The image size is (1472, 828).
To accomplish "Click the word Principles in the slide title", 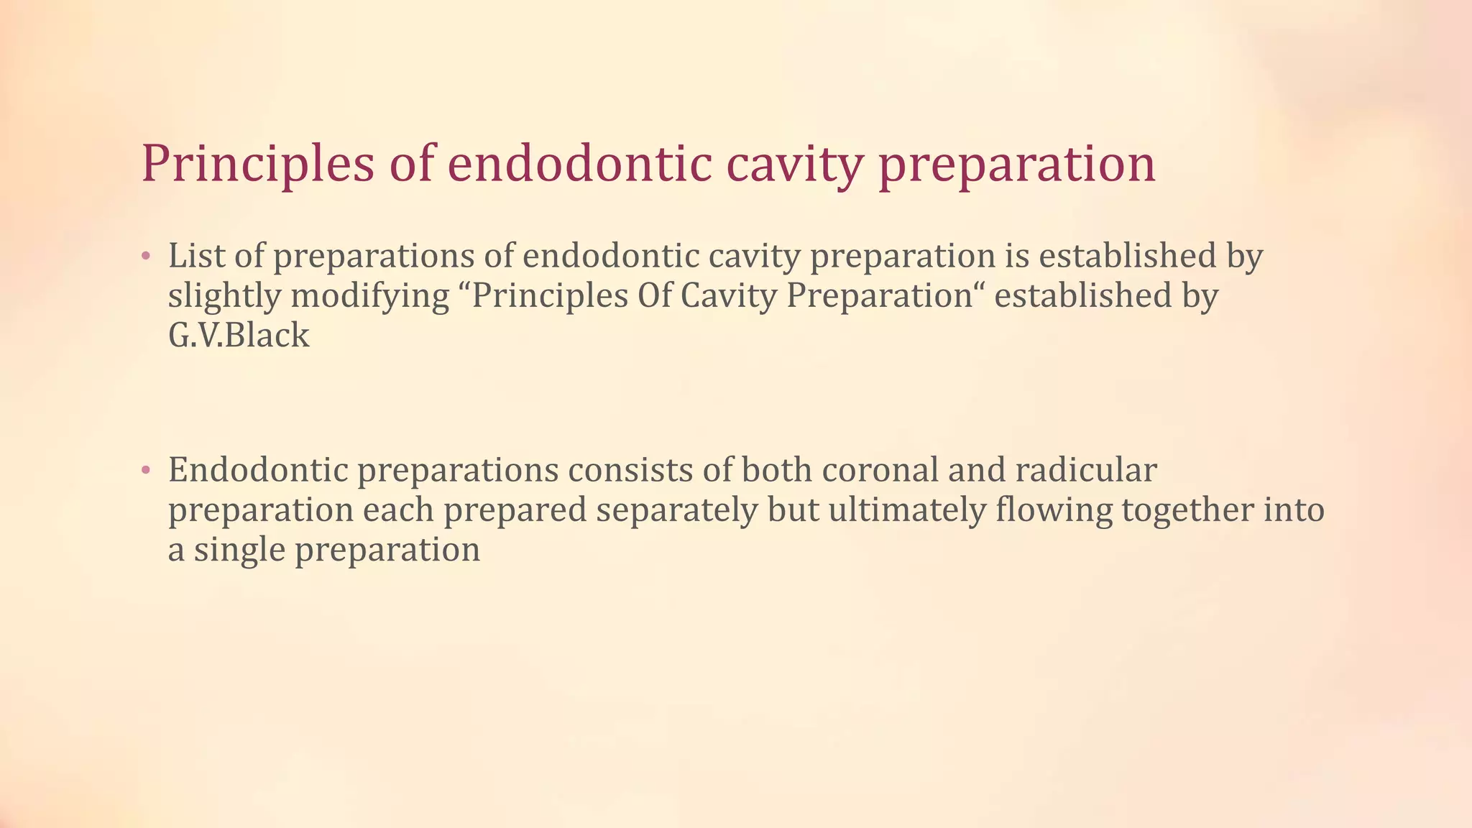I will (257, 164).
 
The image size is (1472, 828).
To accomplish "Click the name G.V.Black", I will (239, 336).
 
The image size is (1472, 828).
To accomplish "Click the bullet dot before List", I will (146, 257).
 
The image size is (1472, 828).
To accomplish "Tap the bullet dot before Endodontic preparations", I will (146, 471).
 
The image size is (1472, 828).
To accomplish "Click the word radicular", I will (1086, 470).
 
